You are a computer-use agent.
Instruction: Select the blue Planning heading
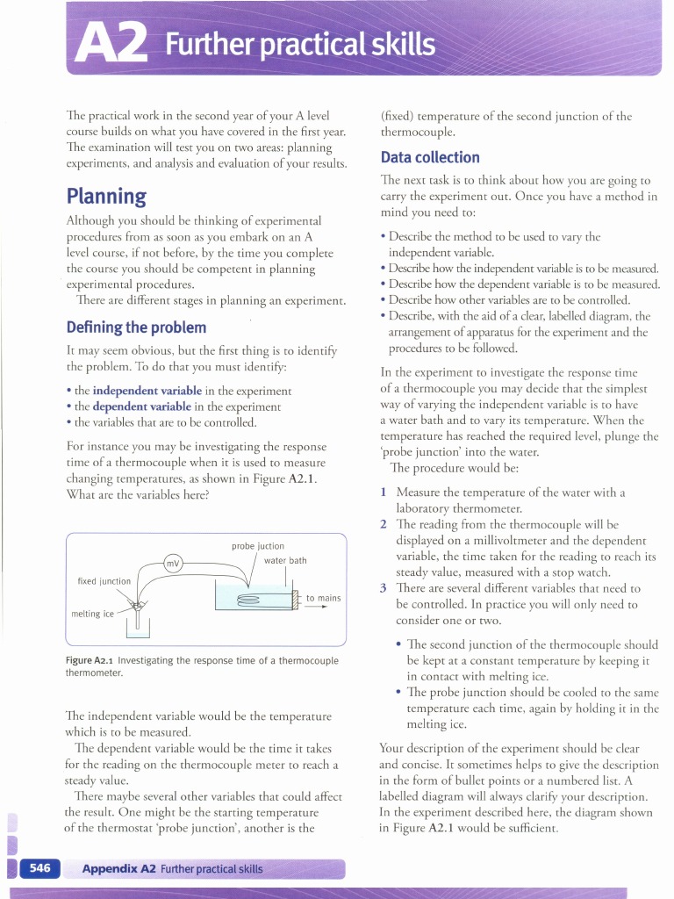tap(106, 194)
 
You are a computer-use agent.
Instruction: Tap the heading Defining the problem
tap(136, 327)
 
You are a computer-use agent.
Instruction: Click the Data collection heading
tap(429, 157)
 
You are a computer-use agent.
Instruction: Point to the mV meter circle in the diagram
tap(176, 564)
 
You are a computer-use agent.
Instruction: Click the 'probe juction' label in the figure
tap(258, 546)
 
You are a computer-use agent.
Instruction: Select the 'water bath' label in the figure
tap(285, 560)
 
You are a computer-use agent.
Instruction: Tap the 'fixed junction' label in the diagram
tap(104, 581)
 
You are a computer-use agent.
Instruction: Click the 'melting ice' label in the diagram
tap(92, 614)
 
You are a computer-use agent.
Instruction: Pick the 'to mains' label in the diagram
tap(323, 598)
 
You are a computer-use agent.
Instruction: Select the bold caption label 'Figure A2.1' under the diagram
tap(90, 661)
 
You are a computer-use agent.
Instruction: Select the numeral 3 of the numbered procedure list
tap(384, 588)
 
